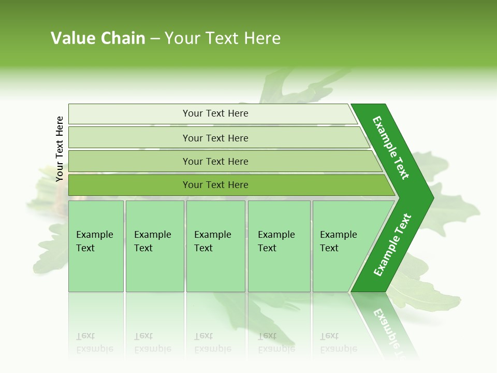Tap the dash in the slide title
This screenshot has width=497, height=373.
155,39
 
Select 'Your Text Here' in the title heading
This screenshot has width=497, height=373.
223,38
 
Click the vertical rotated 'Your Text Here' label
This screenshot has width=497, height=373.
60,149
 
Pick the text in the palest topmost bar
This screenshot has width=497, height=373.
215,113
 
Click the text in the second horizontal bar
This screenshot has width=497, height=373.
215,138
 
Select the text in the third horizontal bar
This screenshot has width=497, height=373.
215,162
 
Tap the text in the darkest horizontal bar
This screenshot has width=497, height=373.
215,185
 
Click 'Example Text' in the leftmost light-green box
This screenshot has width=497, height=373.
94,241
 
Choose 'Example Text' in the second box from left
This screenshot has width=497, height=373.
152,241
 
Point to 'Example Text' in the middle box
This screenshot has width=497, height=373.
212,241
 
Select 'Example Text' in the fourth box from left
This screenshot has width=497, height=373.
276,241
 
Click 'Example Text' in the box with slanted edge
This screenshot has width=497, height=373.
338,241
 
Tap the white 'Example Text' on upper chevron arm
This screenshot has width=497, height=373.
391,148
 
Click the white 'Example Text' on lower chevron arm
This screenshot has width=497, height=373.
392,245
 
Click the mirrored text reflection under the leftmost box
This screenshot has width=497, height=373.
94,342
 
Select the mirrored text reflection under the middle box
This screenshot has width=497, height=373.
212,342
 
